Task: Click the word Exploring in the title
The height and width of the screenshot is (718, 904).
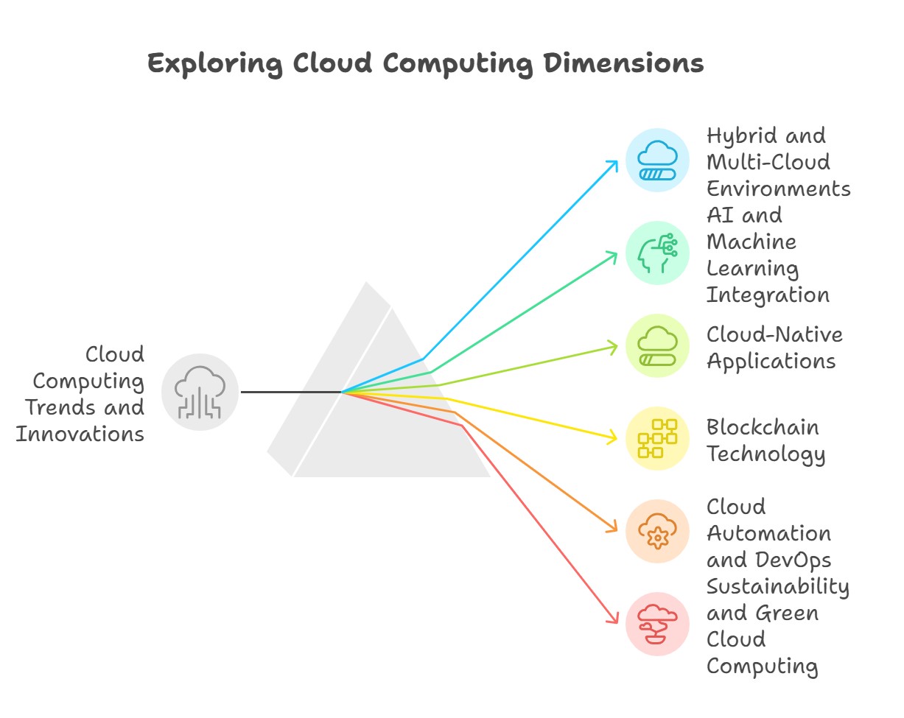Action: [x=214, y=64]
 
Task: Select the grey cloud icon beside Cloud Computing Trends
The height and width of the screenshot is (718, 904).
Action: [x=200, y=392]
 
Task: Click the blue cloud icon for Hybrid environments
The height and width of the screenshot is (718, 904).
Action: [x=657, y=161]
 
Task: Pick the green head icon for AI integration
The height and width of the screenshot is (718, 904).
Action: [x=657, y=253]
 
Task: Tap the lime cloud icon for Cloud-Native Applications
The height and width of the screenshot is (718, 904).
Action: [x=657, y=345]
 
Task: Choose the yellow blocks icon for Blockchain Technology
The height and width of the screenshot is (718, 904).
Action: [x=657, y=438]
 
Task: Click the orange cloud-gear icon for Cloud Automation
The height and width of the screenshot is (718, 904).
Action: [x=657, y=531]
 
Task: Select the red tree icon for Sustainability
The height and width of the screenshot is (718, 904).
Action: [x=657, y=624]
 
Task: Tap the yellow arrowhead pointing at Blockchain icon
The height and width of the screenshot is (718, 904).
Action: [x=613, y=439]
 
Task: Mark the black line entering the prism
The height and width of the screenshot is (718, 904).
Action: [x=291, y=392]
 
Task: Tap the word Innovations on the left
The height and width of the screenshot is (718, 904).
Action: [x=80, y=434]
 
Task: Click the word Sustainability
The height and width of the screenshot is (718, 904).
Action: [x=778, y=586]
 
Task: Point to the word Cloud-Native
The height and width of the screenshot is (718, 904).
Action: [x=774, y=334]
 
